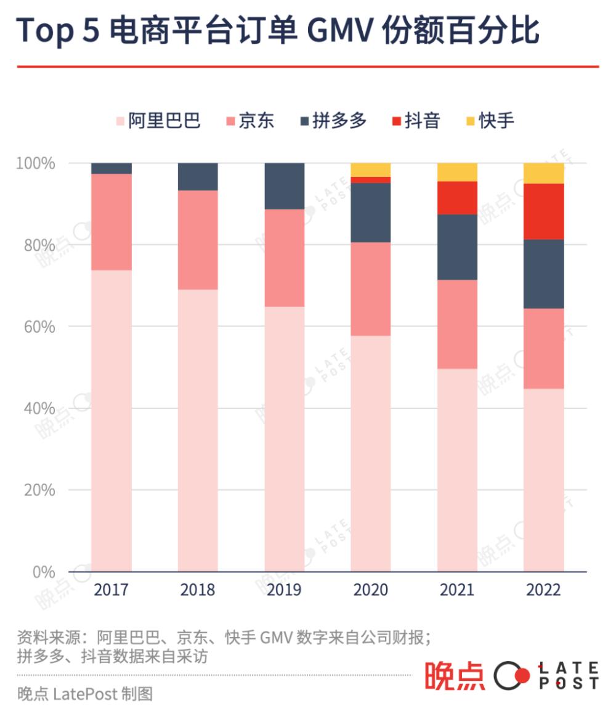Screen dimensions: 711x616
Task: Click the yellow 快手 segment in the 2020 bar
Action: coord(371,169)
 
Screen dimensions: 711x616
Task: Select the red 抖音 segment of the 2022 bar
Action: coord(544,211)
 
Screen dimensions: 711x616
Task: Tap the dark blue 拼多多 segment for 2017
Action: coord(111,168)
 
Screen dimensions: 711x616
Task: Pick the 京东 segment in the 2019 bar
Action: coord(285,258)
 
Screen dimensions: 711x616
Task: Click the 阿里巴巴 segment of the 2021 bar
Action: coord(457,469)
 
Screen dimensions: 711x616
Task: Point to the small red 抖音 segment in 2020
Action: coord(371,180)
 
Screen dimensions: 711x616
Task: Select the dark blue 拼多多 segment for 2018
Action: coord(198,177)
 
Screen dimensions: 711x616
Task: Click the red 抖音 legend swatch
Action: coord(397,121)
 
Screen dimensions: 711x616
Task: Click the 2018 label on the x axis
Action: coord(198,590)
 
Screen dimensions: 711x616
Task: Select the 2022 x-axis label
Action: coord(544,590)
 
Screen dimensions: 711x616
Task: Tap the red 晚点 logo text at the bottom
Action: coord(454,675)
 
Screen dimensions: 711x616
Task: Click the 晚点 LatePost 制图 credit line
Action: coord(84,694)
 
